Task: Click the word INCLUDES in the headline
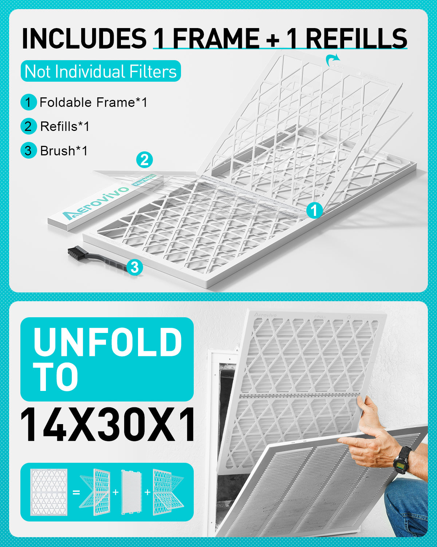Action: (84, 38)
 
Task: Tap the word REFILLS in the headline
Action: (356, 38)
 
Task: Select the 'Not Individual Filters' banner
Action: (101, 71)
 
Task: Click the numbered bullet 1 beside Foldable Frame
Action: (28, 102)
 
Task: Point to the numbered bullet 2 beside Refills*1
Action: (28, 127)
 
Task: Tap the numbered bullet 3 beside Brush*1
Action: (28, 151)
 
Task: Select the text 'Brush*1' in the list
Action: (64, 151)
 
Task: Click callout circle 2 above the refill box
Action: (144, 160)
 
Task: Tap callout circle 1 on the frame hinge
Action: (314, 210)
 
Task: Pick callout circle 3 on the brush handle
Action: (135, 267)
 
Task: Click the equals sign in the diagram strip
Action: (76, 492)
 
